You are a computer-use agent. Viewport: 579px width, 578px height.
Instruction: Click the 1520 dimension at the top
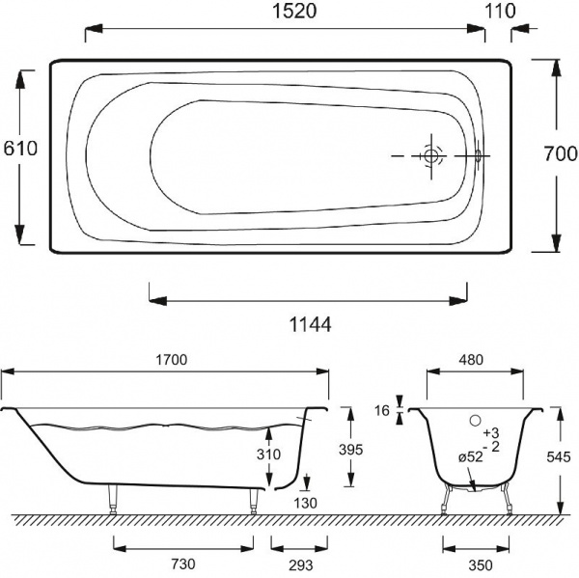pyautogui.click(x=294, y=11)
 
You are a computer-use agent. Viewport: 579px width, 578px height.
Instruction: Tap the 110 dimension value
pyautogui.click(x=499, y=11)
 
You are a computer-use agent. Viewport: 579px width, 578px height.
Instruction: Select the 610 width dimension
pyautogui.click(x=20, y=149)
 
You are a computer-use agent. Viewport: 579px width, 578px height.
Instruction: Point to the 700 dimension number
pyautogui.click(x=561, y=153)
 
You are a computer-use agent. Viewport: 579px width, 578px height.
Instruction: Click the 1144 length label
pyautogui.click(x=310, y=325)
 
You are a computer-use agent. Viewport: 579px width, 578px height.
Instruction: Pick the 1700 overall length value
pyautogui.click(x=172, y=359)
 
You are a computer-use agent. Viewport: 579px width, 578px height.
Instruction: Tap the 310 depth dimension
pyautogui.click(x=269, y=454)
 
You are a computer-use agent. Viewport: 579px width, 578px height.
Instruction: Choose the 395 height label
pyautogui.click(x=351, y=450)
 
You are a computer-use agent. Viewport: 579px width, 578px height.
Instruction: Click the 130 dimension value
pyautogui.click(x=306, y=503)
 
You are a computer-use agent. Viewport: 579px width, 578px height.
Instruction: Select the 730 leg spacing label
pyautogui.click(x=183, y=564)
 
